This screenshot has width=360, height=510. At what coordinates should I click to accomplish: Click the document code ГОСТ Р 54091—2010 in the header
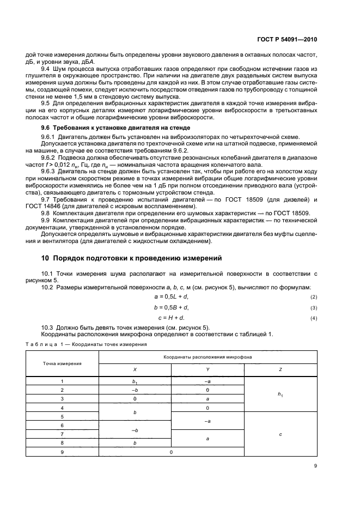(x=302, y=39)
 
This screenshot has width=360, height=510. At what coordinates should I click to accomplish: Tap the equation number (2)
(x=313, y=297)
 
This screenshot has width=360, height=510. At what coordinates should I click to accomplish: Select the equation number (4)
(x=313, y=318)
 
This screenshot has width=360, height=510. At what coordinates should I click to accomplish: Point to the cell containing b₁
(x=135, y=382)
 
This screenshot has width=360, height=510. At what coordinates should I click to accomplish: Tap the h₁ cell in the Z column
(x=280, y=394)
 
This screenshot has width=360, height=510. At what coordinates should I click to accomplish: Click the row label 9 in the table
(x=62, y=452)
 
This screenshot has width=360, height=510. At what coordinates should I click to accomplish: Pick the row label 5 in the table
(x=62, y=416)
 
